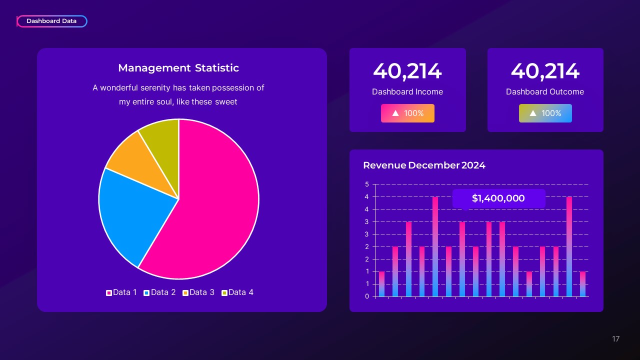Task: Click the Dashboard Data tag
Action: tap(51, 21)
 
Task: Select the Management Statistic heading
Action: tap(178, 68)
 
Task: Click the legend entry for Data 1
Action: tap(121, 292)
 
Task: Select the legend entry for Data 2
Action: tap(159, 292)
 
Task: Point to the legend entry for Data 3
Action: tap(198, 292)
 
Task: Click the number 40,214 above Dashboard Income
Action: tap(407, 71)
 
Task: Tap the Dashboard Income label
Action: tap(407, 92)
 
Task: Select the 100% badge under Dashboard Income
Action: tap(407, 113)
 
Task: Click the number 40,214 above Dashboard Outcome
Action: tap(545, 71)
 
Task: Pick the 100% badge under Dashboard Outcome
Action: tap(545, 113)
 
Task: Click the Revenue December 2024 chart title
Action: tap(424, 165)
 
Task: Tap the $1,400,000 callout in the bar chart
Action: tap(498, 198)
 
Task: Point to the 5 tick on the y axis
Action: tap(367, 184)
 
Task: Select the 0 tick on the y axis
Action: tap(367, 296)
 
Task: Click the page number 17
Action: tap(615, 339)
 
